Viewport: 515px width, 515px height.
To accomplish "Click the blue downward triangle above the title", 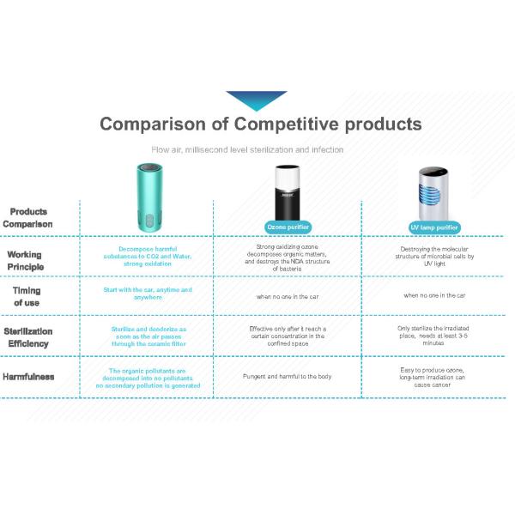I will (256, 99).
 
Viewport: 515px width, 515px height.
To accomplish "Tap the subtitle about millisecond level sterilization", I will (247, 149).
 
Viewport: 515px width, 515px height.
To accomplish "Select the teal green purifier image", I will (147, 199).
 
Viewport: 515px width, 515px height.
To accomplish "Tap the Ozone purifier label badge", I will (289, 227).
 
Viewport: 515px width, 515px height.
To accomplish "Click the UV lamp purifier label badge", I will (433, 227).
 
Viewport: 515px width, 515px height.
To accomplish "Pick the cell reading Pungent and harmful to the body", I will (287, 376).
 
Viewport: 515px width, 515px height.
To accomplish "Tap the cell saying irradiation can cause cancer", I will (432, 376).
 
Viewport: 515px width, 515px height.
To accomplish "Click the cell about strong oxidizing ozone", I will (287, 257).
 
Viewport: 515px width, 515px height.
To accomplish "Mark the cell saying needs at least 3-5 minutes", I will (432, 335).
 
